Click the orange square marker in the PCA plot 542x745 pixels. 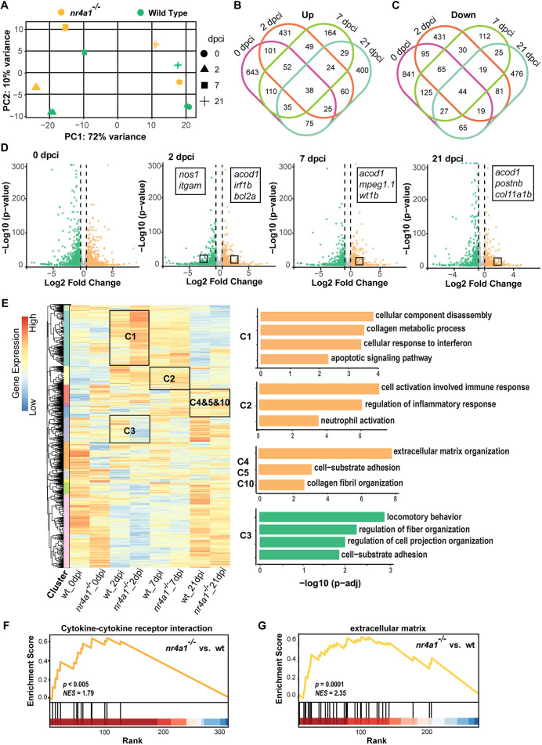[66, 27]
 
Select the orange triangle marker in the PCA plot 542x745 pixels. [35, 87]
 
